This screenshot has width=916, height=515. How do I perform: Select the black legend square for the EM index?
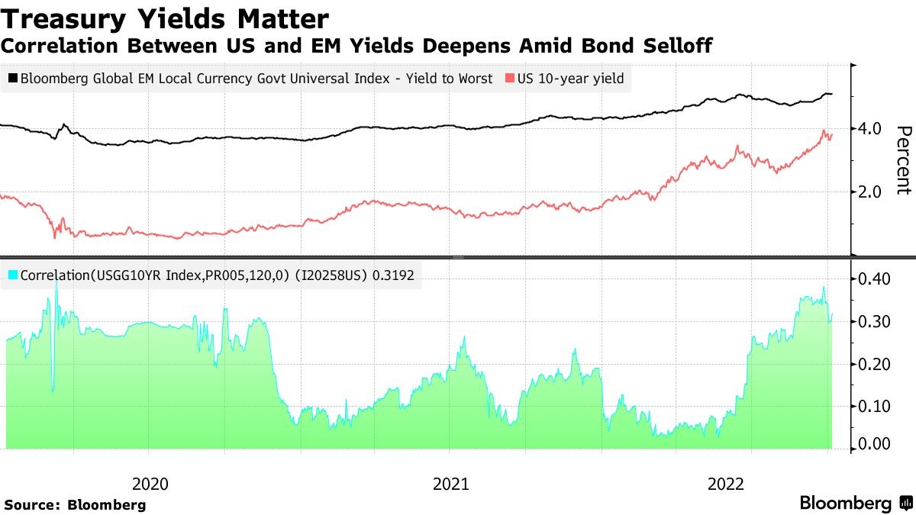tap(13, 78)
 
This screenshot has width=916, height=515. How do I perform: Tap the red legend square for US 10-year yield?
tap(509, 78)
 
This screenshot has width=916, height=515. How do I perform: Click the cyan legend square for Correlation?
tap(13, 275)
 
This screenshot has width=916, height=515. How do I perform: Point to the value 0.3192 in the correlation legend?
tap(393, 275)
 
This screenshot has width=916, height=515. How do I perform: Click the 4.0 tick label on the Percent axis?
tap(870, 128)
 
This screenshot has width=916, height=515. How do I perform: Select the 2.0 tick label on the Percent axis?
tap(870, 192)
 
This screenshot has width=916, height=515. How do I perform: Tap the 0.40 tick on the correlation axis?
tap(872, 279)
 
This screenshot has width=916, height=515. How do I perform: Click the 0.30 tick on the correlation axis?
tap(872, 322)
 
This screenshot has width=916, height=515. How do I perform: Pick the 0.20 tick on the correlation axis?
tap(872, 364)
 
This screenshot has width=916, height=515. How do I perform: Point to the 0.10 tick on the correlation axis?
tap(872, 406)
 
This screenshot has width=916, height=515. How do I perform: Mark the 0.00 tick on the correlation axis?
tap(872, 444)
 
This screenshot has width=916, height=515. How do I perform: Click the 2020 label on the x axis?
tap(150, 483)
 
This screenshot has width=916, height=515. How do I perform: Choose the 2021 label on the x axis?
tap(451, 483)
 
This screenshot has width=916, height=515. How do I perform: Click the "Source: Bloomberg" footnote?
tap(75, 505)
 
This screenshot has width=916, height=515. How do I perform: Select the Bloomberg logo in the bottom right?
tap(856, 504)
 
